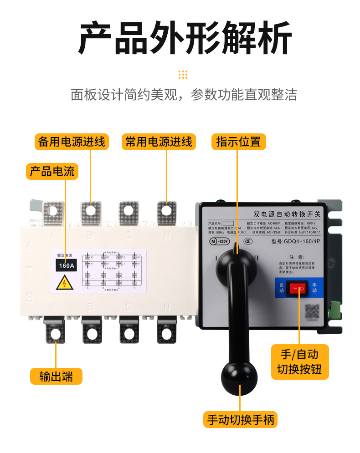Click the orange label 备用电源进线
[72, 142]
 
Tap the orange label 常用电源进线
[159, 142]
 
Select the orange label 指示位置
[238, 142]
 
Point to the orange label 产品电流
[52, 171]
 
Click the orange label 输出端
[56, 377]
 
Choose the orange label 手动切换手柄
[241, 419]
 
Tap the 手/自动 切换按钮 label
[299, 361]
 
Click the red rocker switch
[298, 289]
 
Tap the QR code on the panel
[312, 311]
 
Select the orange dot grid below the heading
[183, 75]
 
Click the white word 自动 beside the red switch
[281, 288]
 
